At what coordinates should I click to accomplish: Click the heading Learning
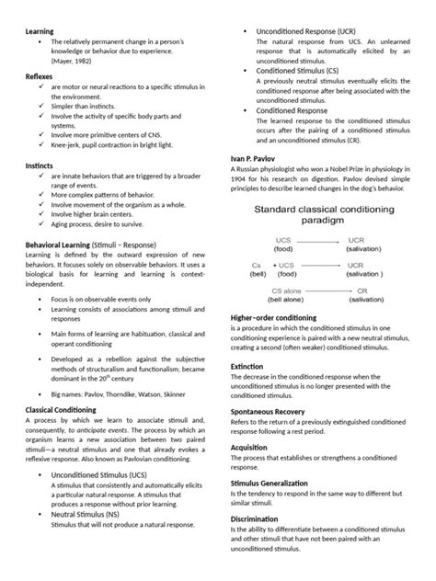pos(40,31)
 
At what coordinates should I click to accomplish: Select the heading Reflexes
pos(40,77)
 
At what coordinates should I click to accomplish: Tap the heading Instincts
pos(41,165)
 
